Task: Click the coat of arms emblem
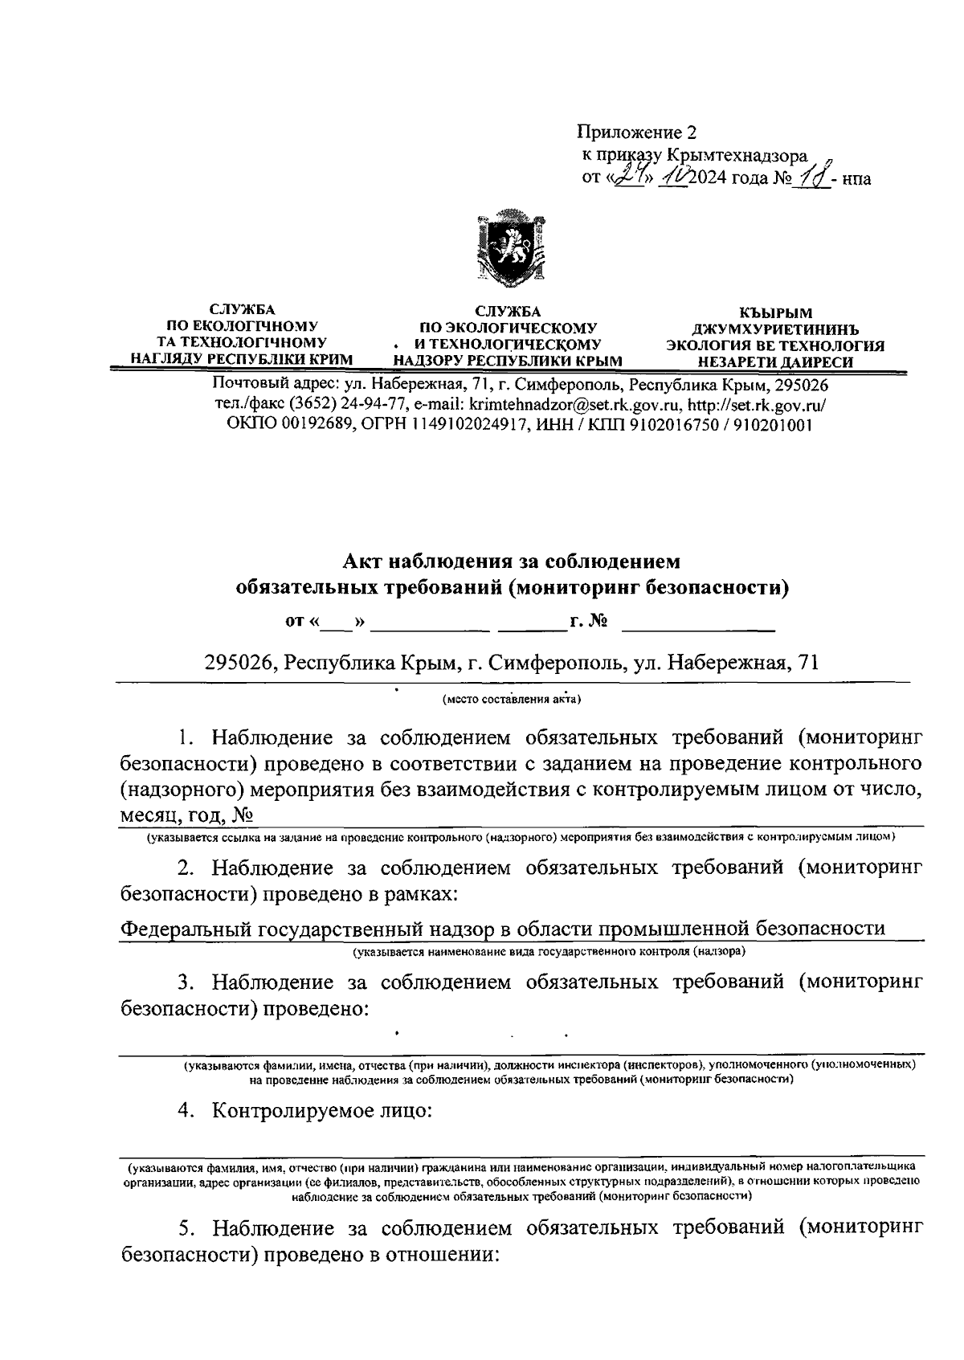(x=511, y=247)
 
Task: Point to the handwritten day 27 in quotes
(x=624, y=177)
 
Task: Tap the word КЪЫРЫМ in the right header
(x=775, y=312)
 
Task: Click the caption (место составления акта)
(x=511, y=699)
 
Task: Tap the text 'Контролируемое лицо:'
(x=321, y=1112)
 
